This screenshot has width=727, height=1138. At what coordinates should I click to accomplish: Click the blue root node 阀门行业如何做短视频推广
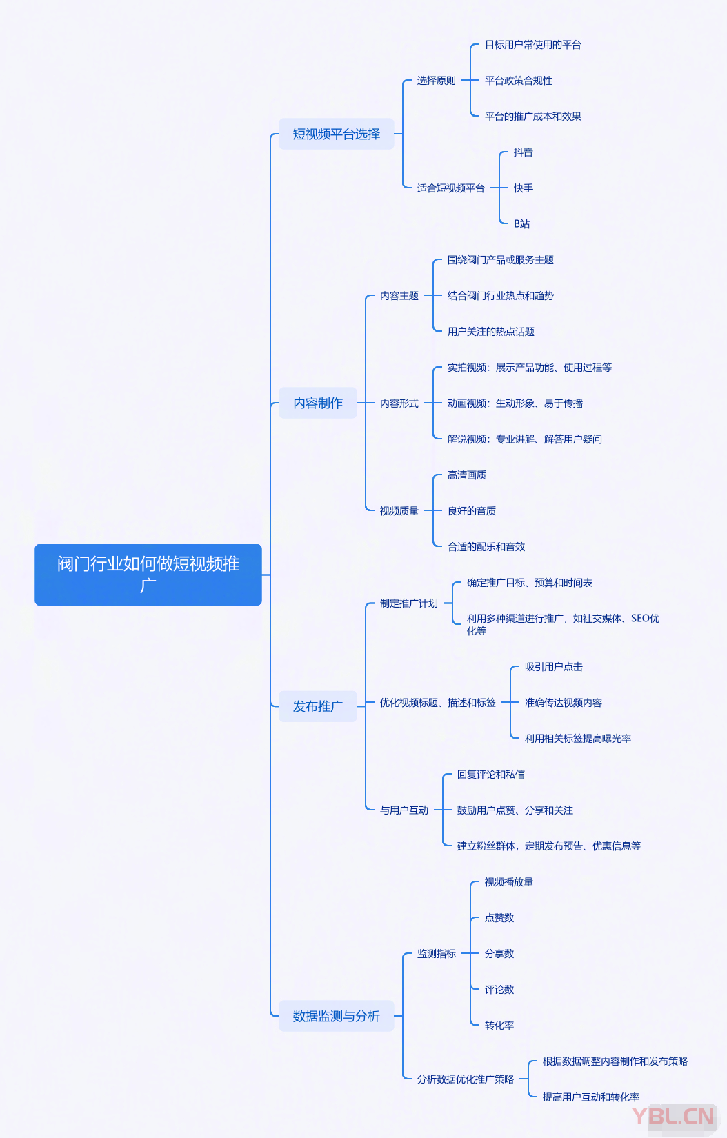(x=148, y=575)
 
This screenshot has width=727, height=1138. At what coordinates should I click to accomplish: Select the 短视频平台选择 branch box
(x=336, y=134)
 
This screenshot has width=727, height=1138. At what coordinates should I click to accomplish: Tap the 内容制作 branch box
(x=318, y=403)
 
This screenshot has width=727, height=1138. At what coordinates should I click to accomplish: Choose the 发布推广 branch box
(x=318, y=706)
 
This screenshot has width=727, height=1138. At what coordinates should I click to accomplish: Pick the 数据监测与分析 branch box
(x=336, y=1016)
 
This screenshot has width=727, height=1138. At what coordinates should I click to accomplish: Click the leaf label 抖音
(x=523, y=152)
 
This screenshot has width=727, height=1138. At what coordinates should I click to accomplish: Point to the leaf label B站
(x=521, y=224)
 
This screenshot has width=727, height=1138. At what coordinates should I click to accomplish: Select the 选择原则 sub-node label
(x=436, y=81)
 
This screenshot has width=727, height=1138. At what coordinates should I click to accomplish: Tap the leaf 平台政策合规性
(x=518, y=81)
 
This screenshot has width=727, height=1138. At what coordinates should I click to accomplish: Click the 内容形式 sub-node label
(x=399, y=403)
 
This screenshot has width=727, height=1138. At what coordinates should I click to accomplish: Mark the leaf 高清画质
(x=466, y=475)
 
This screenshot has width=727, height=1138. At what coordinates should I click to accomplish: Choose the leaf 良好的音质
(x=471, y=511)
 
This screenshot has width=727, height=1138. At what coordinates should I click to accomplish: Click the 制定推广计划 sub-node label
(x=408, y=603)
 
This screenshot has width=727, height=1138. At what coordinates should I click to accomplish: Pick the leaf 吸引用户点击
(x=553, y=667)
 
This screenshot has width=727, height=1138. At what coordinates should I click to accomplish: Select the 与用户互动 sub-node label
(x=404, y=810)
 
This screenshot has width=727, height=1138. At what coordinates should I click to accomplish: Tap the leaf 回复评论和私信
(x=490, y=775)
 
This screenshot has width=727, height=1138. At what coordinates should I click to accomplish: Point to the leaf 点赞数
(x=499, y=918)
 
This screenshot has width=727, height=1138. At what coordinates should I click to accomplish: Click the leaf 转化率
(x=499, y=1026)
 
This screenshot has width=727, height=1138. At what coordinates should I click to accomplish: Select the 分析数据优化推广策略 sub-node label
(x=465, y=1079)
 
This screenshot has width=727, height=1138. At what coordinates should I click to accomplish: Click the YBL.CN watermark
(x=673, y=1116)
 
